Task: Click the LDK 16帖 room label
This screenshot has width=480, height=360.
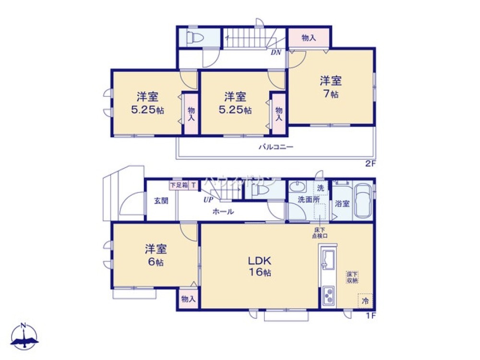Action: click(260, 267)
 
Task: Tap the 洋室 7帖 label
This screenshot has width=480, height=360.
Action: click(331, 87)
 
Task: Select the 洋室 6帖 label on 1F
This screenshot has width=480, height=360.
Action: click(155, 255)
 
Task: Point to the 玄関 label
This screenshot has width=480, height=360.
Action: click(161, 201)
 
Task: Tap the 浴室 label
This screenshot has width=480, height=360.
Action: click(343, 203)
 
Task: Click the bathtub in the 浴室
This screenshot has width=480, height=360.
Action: click(363, 201)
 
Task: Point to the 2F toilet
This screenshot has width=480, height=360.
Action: click(196, 37)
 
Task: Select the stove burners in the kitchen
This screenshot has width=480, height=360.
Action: click(329, 295)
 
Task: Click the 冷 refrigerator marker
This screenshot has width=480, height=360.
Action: click(365, 301)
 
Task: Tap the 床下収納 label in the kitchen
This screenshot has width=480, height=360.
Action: click(353, 277)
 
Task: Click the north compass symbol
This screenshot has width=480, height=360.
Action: click(24, 336)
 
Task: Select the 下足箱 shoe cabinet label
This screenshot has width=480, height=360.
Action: click(179, 185)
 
